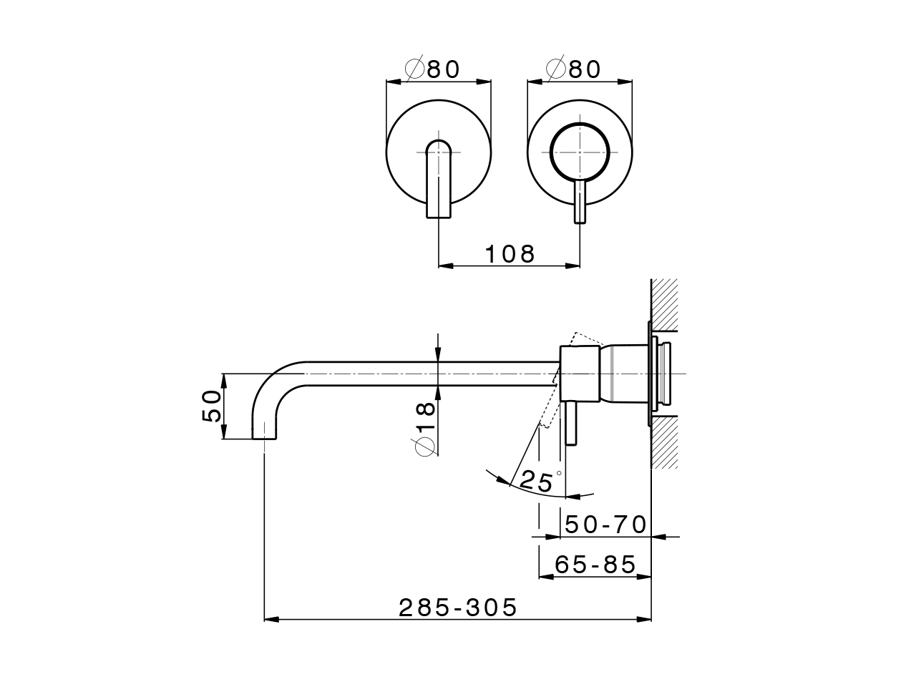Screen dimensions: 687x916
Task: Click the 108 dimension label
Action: pos(510,253)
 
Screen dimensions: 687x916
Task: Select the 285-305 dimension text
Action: pos(458,608)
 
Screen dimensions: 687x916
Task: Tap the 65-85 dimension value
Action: pos(595,565)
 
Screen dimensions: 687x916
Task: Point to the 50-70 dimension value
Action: pos(605,525)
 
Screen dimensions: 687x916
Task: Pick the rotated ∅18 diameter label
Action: pos(424,427)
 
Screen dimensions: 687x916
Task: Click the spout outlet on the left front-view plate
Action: pos(438,179)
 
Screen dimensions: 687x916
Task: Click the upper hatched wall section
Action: pos(664,305)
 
